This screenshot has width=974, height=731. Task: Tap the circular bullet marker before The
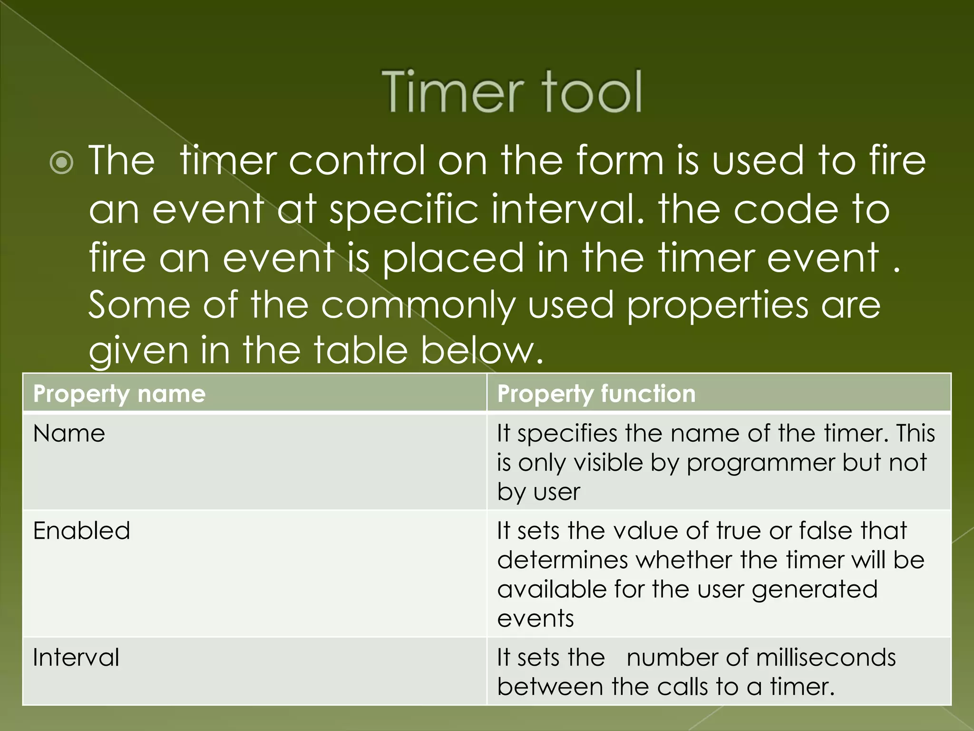[x=61, y=163]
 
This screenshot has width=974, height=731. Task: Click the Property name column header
[x=119, y=394]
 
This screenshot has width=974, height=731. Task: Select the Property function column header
[x=596, y=394]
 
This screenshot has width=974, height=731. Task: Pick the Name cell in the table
[x=69, y=434]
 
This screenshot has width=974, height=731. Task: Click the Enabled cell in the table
[x=81, y=531]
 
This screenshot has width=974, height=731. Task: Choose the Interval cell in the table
[x=76, y=658]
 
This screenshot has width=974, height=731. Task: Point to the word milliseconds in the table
[x=826, y=658]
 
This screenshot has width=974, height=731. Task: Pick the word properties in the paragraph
[x=718, y=305]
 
